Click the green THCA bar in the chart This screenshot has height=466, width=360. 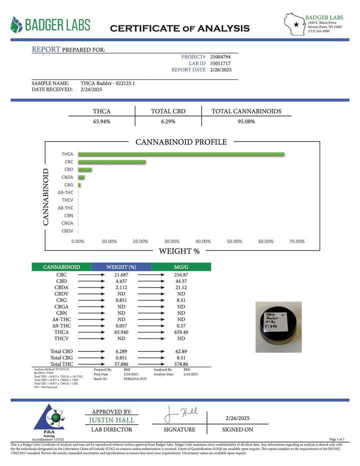click(181, 154)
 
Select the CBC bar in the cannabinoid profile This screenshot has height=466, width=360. click(112, 162)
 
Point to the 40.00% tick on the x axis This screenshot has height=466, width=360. click(203, 241)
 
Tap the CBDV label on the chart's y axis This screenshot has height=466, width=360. click(67, 231)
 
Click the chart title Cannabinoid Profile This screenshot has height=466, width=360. click(181, 142)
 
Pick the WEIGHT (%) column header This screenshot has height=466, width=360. click(121, 267)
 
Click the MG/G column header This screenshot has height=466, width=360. click(181, 267)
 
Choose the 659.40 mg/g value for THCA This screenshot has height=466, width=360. click(181, 331)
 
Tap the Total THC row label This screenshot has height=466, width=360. click(62, 365)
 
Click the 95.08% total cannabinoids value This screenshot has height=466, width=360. click(246, 121)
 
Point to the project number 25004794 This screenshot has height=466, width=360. click(220, 57)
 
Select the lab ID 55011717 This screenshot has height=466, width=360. click(220, 63)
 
